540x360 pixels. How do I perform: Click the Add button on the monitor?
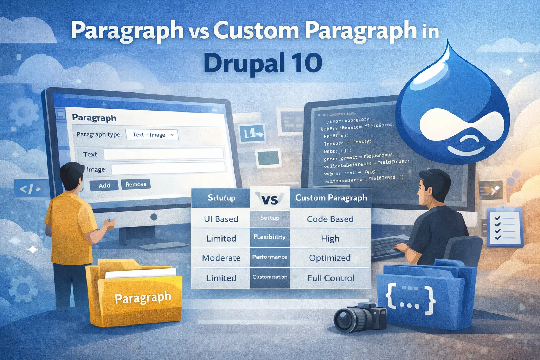tap(104, 185)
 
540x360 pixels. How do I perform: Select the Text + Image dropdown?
tap(152, 135)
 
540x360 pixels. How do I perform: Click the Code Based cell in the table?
tap(330, 219)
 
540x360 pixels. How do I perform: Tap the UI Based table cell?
tap(221, 219)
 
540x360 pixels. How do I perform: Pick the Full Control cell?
tap(330, 278)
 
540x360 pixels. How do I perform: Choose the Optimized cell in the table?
tap(330, 258)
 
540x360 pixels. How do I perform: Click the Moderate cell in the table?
tap(221, 258)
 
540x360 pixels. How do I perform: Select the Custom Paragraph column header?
tap(331, 198)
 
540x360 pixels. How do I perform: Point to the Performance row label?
tap(270, 257)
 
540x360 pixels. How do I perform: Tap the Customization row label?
tap(270, 277)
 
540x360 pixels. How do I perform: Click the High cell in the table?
tap(330, 238)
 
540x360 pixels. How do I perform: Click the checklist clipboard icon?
tap(504, 227)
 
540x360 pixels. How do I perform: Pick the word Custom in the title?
tap(256, 31)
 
